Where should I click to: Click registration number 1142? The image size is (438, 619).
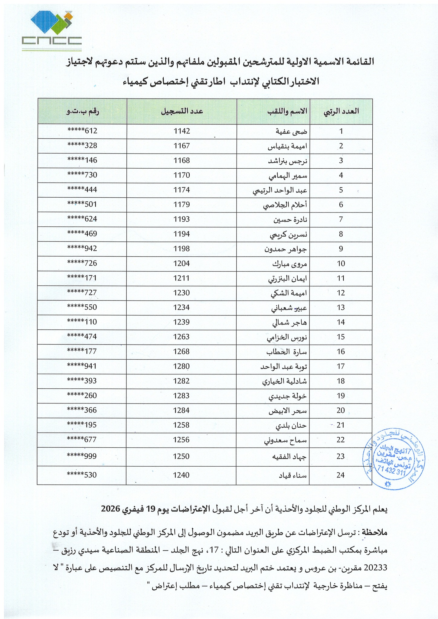[182, 131]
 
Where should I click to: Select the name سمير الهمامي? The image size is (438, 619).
[290, 175]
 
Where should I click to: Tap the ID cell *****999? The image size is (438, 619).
[82, 456]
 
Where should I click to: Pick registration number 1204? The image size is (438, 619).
[182, 263]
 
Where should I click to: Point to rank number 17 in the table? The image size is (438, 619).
[341, 366]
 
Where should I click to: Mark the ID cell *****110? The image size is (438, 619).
[82, 322]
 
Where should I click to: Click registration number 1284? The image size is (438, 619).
[182, 410]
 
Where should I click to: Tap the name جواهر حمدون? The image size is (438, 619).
[290, 249]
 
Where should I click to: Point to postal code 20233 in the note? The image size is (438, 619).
[375, 568]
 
